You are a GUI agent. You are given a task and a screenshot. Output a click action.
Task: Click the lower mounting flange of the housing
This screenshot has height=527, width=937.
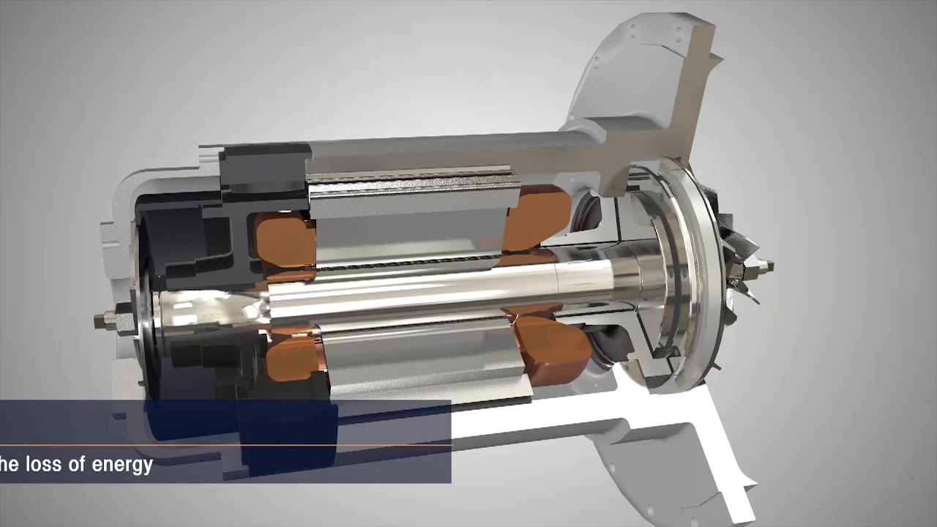[703, 454]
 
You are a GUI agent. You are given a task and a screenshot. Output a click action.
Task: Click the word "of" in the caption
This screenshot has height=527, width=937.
[77, 464]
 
